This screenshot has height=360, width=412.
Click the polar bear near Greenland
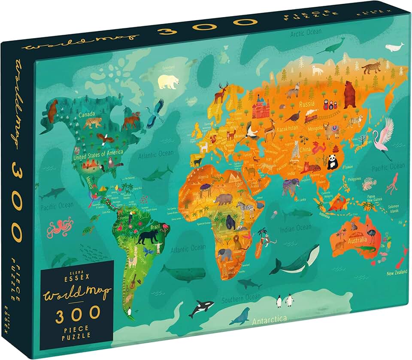(x=168, y=81)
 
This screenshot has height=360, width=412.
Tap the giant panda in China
(x=332, y=162)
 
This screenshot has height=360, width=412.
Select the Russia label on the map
(x=307, y=104)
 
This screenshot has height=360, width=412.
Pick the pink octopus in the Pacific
(x=60, y=228)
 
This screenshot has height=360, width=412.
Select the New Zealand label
(x=396, y=273)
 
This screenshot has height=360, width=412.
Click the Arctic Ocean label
(x=306, y=33)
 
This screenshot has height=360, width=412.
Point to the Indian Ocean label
(x=296, y=230)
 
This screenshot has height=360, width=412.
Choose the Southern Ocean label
(x=241, y=298)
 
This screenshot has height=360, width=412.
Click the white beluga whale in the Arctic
(x=394, y=47)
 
